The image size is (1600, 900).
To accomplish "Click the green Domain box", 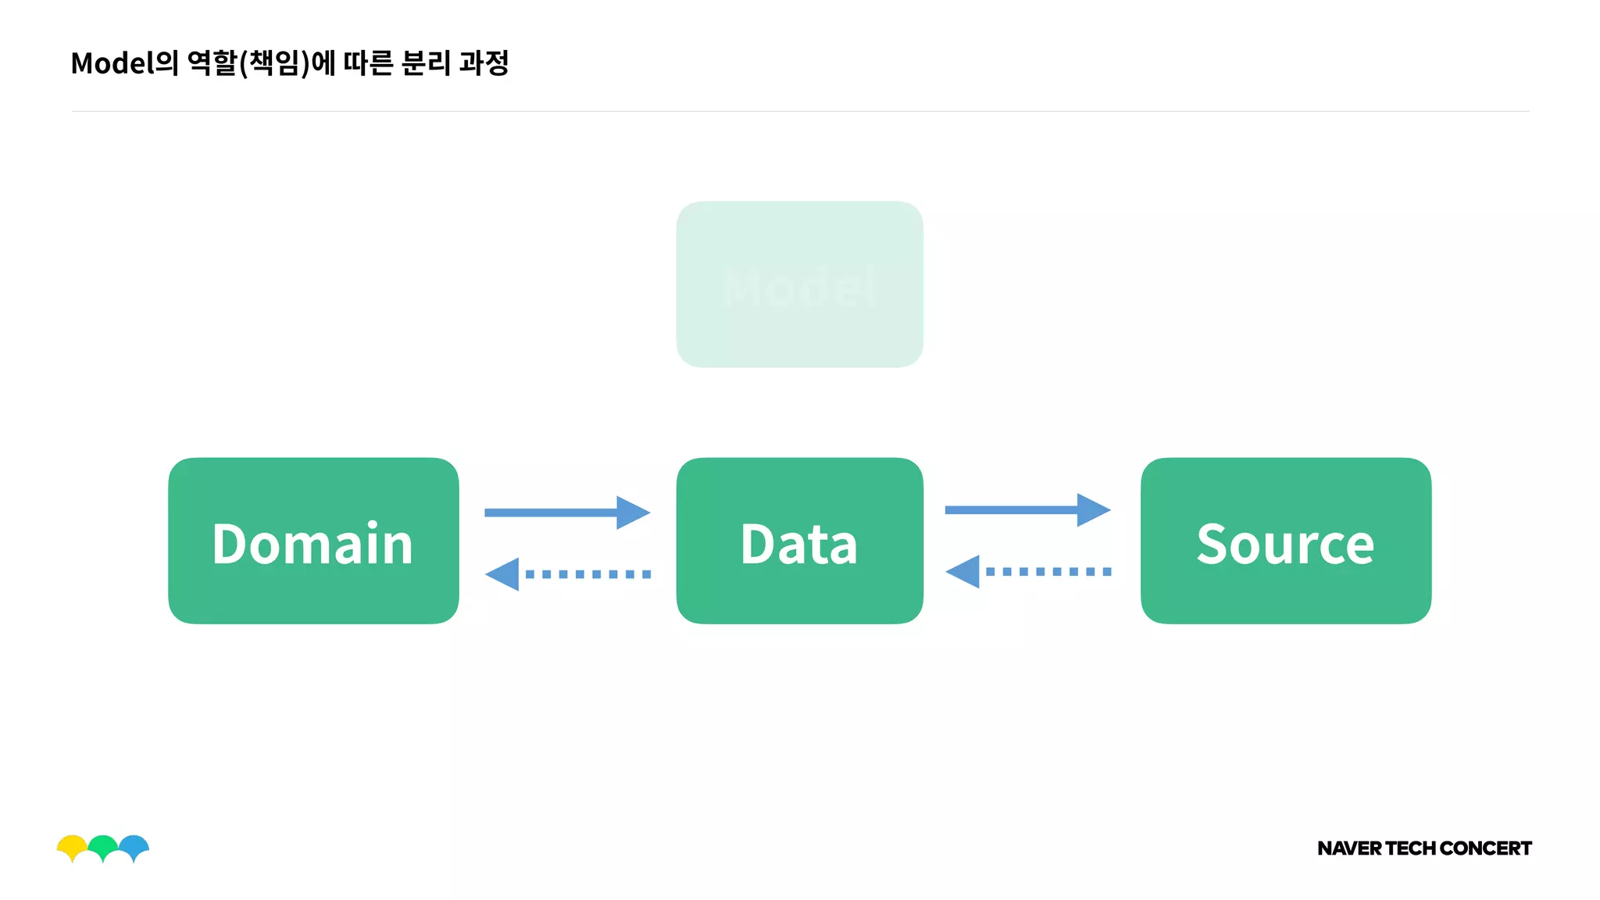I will [x=313, y=541].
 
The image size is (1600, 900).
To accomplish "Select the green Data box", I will [x=799, y=541].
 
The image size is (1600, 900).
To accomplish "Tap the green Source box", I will [x=1285, y=541].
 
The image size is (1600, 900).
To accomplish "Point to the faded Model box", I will [x=799, y=284].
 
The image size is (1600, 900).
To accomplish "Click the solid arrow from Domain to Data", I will [x=566, y=512].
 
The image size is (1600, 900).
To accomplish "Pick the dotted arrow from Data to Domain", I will [x=568, y=574].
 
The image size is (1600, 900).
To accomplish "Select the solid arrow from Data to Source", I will [x=1027, y=510].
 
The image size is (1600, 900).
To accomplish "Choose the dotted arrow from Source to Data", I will [x=1028, y=572].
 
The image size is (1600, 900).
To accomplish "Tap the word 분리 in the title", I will [x=426, y=63].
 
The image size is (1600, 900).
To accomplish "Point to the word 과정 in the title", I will [x=484, y=63].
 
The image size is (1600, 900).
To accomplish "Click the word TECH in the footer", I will [x=1410, y=848].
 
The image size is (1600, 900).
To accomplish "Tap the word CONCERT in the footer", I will [x=1485, y=848].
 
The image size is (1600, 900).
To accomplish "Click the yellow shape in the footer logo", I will [x=72, y=845].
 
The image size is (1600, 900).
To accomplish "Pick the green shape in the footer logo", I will [x=103, y=845].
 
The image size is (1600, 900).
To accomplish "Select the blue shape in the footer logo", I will [x=134, y=845].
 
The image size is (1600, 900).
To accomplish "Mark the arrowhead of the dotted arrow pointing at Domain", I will [x=502, y=574].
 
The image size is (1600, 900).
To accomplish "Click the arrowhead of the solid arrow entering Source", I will [x=1093, y=510].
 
